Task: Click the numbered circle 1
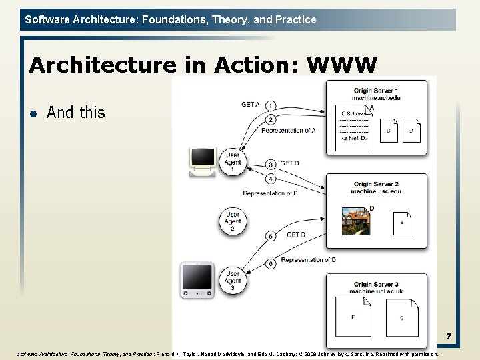[271, 106]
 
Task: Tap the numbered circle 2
[271, 120]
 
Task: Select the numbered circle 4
[271, 179]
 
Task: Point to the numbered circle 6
[271, 264]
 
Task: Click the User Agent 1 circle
[233, 161]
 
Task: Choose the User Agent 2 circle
[233, 221]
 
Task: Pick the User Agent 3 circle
[233, 281]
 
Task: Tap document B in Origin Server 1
[389, 131]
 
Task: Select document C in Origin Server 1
[411, 131]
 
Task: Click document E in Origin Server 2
[402, 223]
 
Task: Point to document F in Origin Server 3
[354, 317]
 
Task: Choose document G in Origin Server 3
[402, 318]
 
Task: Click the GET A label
[251, 105]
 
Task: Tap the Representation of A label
[288, 131]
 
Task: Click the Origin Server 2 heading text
[376, 184]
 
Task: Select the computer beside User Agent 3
[198, 280]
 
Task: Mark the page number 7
[449, 337]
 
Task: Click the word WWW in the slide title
[342, 65]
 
